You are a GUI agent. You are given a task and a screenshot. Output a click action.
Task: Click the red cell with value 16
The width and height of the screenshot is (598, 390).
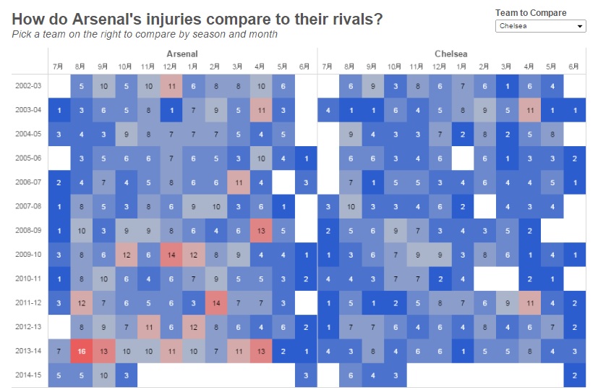(x=82, y=351)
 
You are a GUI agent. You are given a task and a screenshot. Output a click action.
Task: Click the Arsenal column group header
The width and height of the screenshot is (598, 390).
(x=181, y=54)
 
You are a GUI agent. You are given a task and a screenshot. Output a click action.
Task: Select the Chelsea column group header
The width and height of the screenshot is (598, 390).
(x=450, y=54)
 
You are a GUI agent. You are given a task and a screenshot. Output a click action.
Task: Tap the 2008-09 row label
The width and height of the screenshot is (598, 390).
(x=28, y=230)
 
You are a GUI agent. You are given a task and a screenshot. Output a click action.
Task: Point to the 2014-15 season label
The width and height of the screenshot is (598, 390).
(x=28, y=375)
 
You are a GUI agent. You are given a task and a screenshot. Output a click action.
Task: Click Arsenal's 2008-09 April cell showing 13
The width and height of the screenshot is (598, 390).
(x=260, y=230)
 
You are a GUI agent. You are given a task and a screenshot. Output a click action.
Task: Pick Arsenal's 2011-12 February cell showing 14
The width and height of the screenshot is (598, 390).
(x=215, y=302)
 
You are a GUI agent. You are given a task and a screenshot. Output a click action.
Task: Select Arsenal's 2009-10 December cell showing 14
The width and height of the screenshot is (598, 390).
(x=171, y=255)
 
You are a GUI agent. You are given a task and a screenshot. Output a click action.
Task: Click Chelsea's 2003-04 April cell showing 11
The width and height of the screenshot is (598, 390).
(x=529, y=110)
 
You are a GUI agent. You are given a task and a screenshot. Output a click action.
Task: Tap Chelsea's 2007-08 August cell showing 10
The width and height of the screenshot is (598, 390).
(x=351, y=206)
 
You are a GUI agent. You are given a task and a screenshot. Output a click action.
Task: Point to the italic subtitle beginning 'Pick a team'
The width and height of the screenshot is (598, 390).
(x=145, y=34)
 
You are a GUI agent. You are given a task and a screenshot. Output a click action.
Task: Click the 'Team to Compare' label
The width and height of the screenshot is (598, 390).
(x=531, y=12)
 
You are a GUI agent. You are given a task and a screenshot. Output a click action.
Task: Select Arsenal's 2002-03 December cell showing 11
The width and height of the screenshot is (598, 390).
(x=171, y=85)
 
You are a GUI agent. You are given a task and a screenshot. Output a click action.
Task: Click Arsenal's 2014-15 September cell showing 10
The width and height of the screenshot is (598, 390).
(x=104, y=375)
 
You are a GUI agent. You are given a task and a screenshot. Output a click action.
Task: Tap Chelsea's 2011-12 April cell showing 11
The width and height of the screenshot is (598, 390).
(x=529, y=302)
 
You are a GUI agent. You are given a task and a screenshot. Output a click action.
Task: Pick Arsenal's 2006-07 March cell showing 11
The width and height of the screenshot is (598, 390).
(x=238, y=182)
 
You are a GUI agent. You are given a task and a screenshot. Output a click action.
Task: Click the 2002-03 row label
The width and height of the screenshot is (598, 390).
(x=28, y=85)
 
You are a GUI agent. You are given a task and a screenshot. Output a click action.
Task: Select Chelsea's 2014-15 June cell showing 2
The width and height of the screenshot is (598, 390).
(x=574, y=375)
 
